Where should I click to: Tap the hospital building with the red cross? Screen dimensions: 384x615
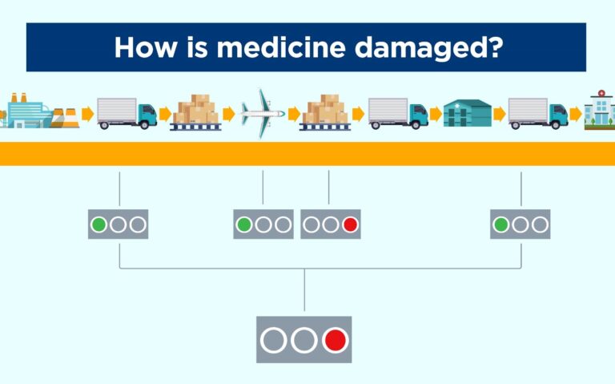click(599, 111)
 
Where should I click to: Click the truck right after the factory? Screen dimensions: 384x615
click(127, 113)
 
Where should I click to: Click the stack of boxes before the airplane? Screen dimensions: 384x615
click(195, 112)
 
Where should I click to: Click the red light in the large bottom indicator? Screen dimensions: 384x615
click(336, 340)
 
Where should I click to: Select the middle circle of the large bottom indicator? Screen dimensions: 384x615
click(304, 340)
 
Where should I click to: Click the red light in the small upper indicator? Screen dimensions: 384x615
click(350, 224)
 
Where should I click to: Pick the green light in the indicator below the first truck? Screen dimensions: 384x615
click(98, 224)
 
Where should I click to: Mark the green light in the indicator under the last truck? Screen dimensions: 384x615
click(500, 224)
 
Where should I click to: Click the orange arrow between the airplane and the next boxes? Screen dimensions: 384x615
click(293, 114)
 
